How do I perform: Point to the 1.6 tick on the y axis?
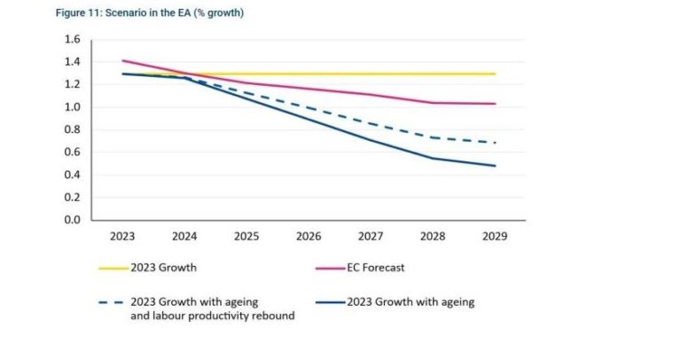(72, 40)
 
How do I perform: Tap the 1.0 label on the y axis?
(72, 107)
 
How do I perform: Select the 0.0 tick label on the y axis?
(72, 220)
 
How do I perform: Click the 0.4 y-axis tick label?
(72, 175)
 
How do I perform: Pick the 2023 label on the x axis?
(122, 238)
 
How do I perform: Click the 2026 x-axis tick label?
(309, 238)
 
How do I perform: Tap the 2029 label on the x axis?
(495, 238)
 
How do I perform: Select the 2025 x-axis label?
(247, 238)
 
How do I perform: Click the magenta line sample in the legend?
(329, 268)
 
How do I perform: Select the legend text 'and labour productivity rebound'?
(212, 317)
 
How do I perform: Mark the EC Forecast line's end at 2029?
(495, 104)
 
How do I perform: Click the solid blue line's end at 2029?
(495, 166)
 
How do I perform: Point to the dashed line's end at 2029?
(495, 143)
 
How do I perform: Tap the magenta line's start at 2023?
(122, 61)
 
